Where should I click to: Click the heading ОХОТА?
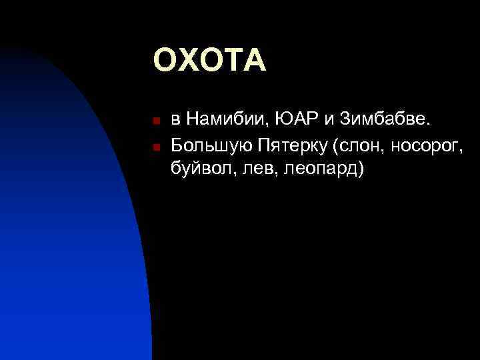[x=210, y=61]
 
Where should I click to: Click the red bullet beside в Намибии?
[x=154, y=122]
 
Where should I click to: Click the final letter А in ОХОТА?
[x=254, y=61]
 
